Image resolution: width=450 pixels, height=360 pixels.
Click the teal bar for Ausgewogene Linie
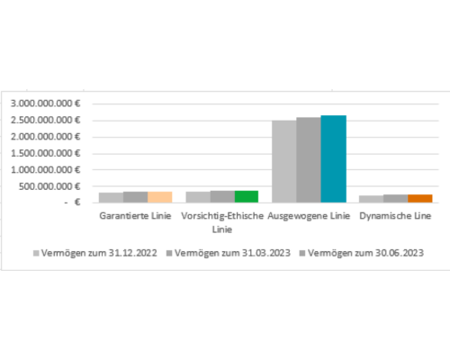coord(333,159)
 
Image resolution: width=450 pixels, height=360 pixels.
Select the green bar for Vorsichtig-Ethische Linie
coord(247,197)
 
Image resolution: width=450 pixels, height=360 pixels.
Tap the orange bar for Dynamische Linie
coord(420,199)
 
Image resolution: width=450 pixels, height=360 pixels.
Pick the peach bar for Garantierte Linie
coord(160,197)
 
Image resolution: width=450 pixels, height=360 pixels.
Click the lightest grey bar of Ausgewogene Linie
coord(284,162)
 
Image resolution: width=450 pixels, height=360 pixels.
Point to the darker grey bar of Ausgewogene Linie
coord(309,160)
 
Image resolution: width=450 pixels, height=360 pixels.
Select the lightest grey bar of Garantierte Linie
coord(111,198)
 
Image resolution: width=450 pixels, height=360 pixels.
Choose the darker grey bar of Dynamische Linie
coord(395,199)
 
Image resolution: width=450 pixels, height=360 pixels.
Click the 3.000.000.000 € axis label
coord(46,103)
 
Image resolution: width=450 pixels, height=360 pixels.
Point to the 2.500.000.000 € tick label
coord(46,120)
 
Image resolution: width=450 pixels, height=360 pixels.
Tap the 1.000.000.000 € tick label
coord(46,170)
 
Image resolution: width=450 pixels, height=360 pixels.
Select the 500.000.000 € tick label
coord(49,186)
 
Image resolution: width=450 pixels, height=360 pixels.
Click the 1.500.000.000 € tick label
coord(46,153)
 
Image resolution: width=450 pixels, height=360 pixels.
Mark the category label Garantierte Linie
coord(135,216)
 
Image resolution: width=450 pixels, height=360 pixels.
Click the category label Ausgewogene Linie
coord(309,216)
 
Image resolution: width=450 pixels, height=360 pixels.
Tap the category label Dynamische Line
coord(395,216)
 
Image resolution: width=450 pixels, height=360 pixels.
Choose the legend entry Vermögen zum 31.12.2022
coord(95,253)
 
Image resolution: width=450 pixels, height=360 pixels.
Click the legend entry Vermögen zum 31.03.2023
coord(229,253)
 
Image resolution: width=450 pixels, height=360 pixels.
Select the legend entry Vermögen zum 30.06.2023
coord(362,253)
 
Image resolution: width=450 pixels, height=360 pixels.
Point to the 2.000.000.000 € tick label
coord(46,137)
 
